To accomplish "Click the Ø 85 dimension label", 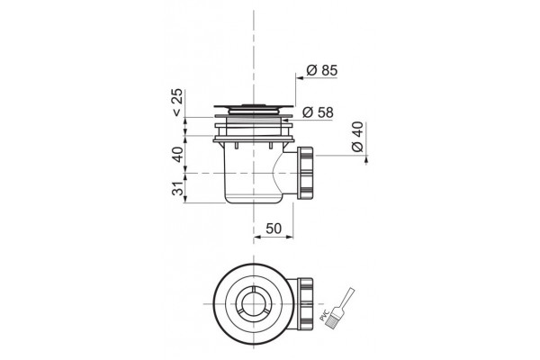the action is (322, 70).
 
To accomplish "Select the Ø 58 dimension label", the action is (318, 112).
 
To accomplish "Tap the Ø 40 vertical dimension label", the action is (357, 137).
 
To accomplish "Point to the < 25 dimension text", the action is (177, 103).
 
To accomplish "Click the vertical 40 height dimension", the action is (177, 154).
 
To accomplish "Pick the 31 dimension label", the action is (177, 188).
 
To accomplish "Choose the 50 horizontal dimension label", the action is (274, 229).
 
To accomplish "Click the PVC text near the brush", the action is (323, 315).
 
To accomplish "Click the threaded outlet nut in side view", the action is (305, 173).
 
